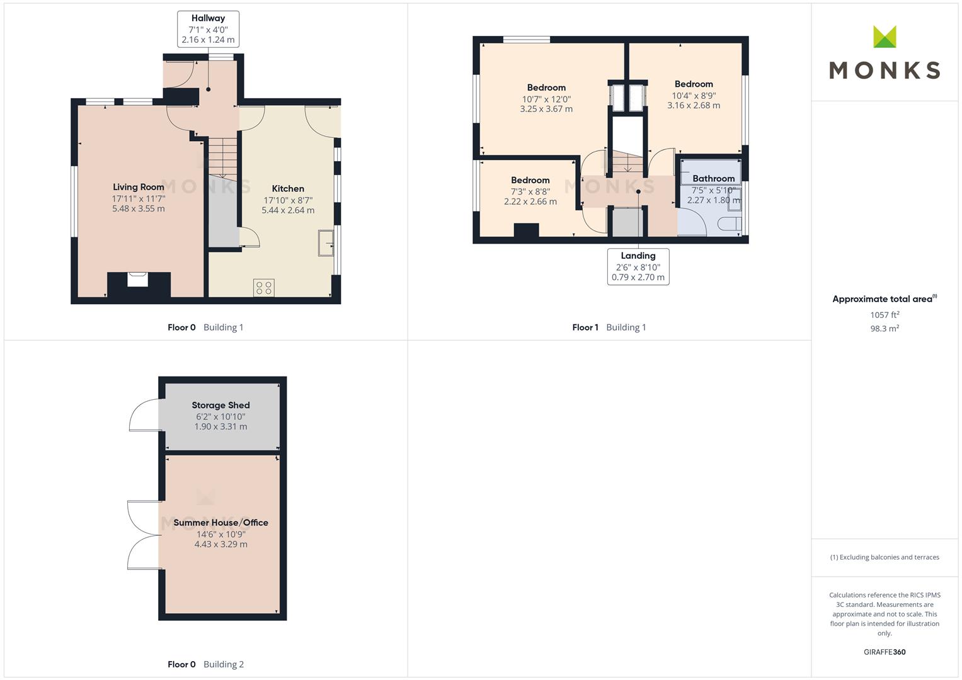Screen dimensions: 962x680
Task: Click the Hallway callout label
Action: [x=208, y=29]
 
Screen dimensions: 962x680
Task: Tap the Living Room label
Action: [x=139, y=187]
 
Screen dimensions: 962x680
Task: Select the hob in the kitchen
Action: [x=264, y=288]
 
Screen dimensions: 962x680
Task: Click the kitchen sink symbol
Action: [x=326, y=244]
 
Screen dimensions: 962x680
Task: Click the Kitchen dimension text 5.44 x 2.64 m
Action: [x=288, y=210]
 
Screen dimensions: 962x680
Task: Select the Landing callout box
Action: [x=638, y=266]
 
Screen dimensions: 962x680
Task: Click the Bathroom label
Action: [x=713, y=178]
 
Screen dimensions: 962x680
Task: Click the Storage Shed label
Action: [x=220, y=405]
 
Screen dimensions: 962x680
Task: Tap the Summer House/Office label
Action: [x=220, y=523]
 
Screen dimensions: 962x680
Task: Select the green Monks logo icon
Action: [x=885, y=37]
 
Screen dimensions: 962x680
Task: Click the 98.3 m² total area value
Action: [x=885, y=329]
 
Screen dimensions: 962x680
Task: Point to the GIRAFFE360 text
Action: [x=885, y=652]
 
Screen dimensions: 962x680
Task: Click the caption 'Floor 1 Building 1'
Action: [x=609, y=327]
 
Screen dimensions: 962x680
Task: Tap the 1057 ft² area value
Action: [x=885, y=315]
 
